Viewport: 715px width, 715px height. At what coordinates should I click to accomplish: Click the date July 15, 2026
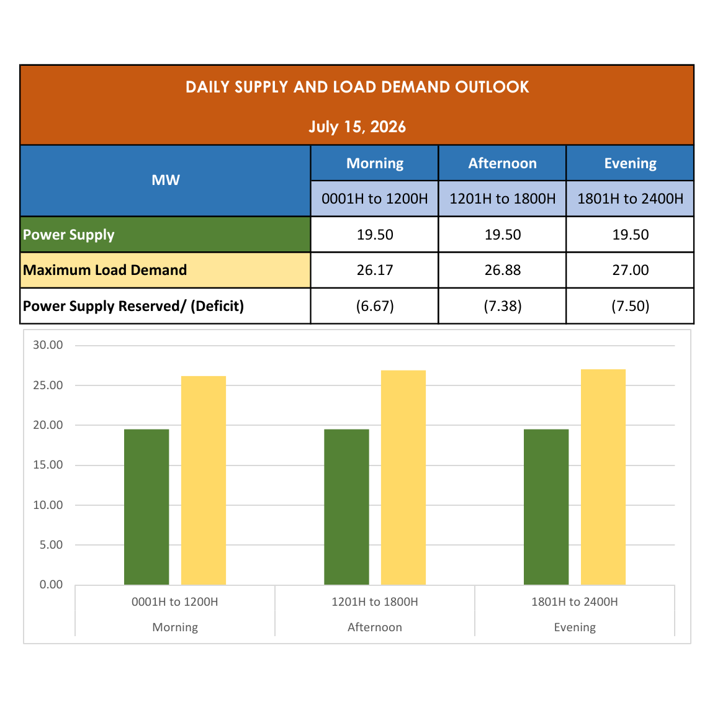pyautogui.click(x=357, y=127)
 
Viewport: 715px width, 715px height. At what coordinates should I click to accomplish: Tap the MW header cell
pyautogui.click(x=166, y=181)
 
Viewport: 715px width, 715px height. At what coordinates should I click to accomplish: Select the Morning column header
pyautogui.click(x=375, y=163)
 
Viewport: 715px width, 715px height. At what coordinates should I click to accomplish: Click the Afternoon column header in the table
pyautogui.click(x=503, y=163)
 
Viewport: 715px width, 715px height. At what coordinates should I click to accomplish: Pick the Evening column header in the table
pyautogui.click(x=630, y=163)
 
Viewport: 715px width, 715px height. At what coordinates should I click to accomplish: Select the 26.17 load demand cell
pyautogui.click(x=375, y=270)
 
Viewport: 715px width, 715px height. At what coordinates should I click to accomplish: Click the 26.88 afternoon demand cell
pyautogui.click(x=503, y=270)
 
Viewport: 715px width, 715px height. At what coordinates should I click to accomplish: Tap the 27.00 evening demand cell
pyautogui.click(x=630, y=270)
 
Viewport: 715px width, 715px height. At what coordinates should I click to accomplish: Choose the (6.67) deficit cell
pyautogui.click(x=375, y=305)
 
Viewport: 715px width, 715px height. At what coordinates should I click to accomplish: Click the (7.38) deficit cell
pyautogui.click(x=503, y=305)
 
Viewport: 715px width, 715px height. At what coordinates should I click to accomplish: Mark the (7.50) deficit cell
pyautogui.click(x=630, y=305)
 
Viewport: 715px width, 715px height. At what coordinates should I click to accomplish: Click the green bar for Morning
pyautogui.click(x=146, y=506)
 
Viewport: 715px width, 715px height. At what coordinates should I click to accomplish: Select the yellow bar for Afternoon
pyautogui.click(x=403, y=477)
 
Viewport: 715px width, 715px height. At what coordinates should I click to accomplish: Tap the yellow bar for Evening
pyautogui.click(x=603, y=477)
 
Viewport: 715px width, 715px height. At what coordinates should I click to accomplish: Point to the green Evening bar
pyautogui.click(x=546, y=506)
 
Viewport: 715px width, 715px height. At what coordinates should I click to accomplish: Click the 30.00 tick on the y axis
pyautogui.click(x=48, y=345)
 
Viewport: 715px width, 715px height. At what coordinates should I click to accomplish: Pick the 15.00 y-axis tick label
pyautogui.click(x=48, y=465)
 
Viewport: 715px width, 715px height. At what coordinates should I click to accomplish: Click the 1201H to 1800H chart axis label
pyautogui.click(x=375, y=602)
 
